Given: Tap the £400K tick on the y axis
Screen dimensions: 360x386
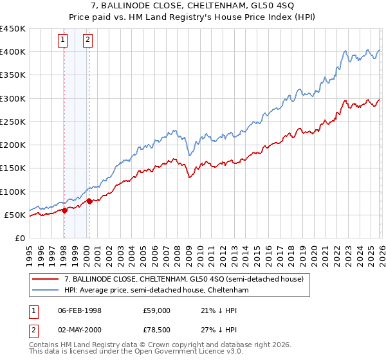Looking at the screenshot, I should [x=13, y=51].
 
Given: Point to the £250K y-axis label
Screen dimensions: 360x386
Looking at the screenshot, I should [x=13, y=122].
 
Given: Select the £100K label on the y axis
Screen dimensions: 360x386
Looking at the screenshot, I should [x=13, y=192].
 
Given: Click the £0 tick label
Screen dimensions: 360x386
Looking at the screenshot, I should [x=20, y=239].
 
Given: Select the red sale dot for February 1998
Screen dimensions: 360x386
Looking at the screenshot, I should [x=65, y=210].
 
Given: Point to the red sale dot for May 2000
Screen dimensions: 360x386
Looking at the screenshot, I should [x=89, y=201].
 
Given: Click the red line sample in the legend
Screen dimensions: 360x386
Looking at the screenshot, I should [x=45, y=279].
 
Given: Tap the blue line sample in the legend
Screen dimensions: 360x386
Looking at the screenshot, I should [x=45, y=291].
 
